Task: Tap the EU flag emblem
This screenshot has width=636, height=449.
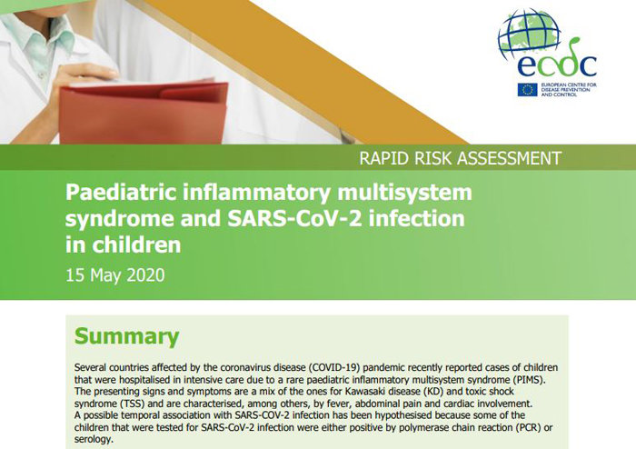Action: pos(527,90)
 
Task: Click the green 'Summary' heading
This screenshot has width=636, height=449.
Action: pos(126,336)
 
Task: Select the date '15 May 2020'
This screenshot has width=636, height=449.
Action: pos(115,275)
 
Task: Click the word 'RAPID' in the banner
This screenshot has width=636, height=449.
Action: pos(384,158)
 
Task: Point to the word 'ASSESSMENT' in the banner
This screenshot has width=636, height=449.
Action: pos(509,158)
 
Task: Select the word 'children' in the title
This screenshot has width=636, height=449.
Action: pos(136,244)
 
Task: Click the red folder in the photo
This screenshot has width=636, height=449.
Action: pos(144,112)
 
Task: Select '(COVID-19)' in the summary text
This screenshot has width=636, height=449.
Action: pos(333,367)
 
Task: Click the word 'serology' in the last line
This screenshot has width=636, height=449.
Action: pos(93,439)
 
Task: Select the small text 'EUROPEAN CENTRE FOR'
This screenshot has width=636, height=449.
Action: pos(569,85)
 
